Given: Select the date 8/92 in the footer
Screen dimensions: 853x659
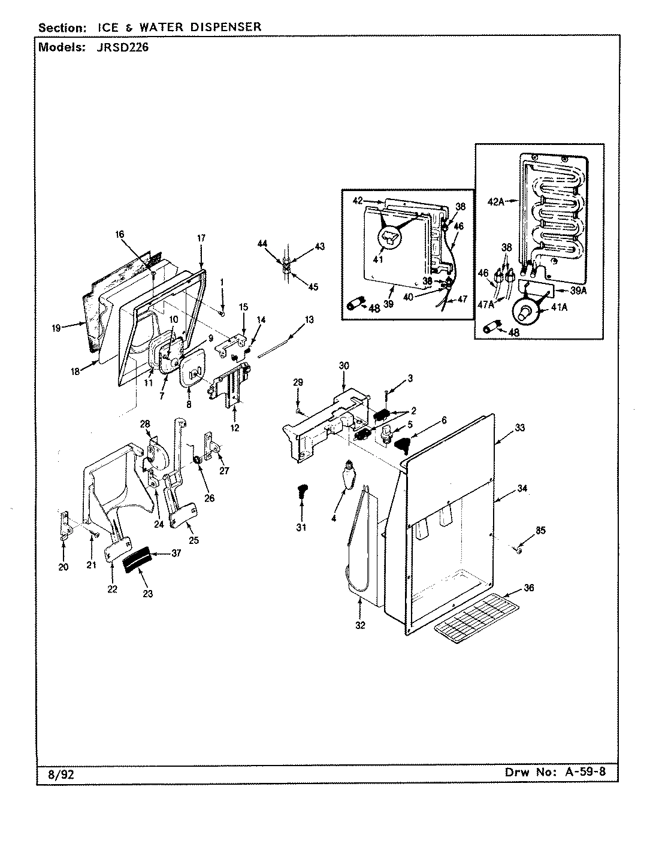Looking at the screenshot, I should coord(60,775).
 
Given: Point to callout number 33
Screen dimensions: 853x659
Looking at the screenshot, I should coord(519,428).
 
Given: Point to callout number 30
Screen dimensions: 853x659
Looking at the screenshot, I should coord(343,365).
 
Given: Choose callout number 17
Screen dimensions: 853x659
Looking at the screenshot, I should coord(201,238).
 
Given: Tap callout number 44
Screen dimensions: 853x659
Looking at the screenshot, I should coord(262,244).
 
